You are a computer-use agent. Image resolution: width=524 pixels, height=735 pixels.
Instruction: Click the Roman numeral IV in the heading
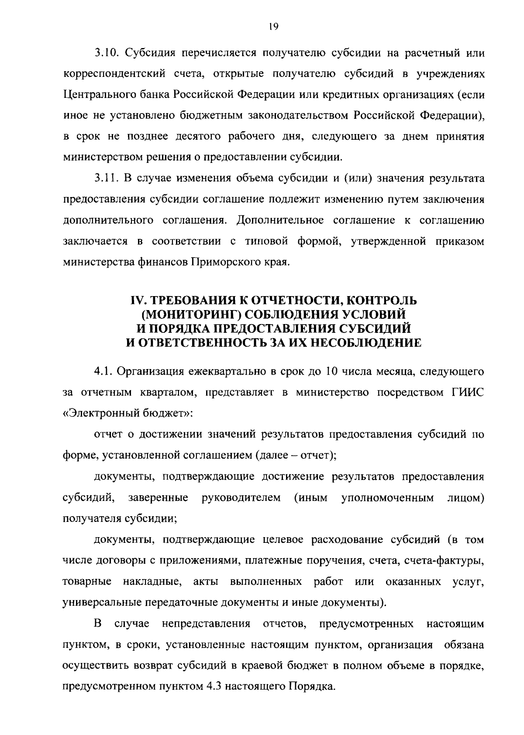(x=138, y=301)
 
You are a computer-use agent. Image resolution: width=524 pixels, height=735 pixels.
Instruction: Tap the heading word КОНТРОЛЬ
(x=368, y=301)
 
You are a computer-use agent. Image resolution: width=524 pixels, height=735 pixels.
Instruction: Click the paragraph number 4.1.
(x=103, y=372)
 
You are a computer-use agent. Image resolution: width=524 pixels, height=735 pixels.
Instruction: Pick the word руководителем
(x=241, y=498)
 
